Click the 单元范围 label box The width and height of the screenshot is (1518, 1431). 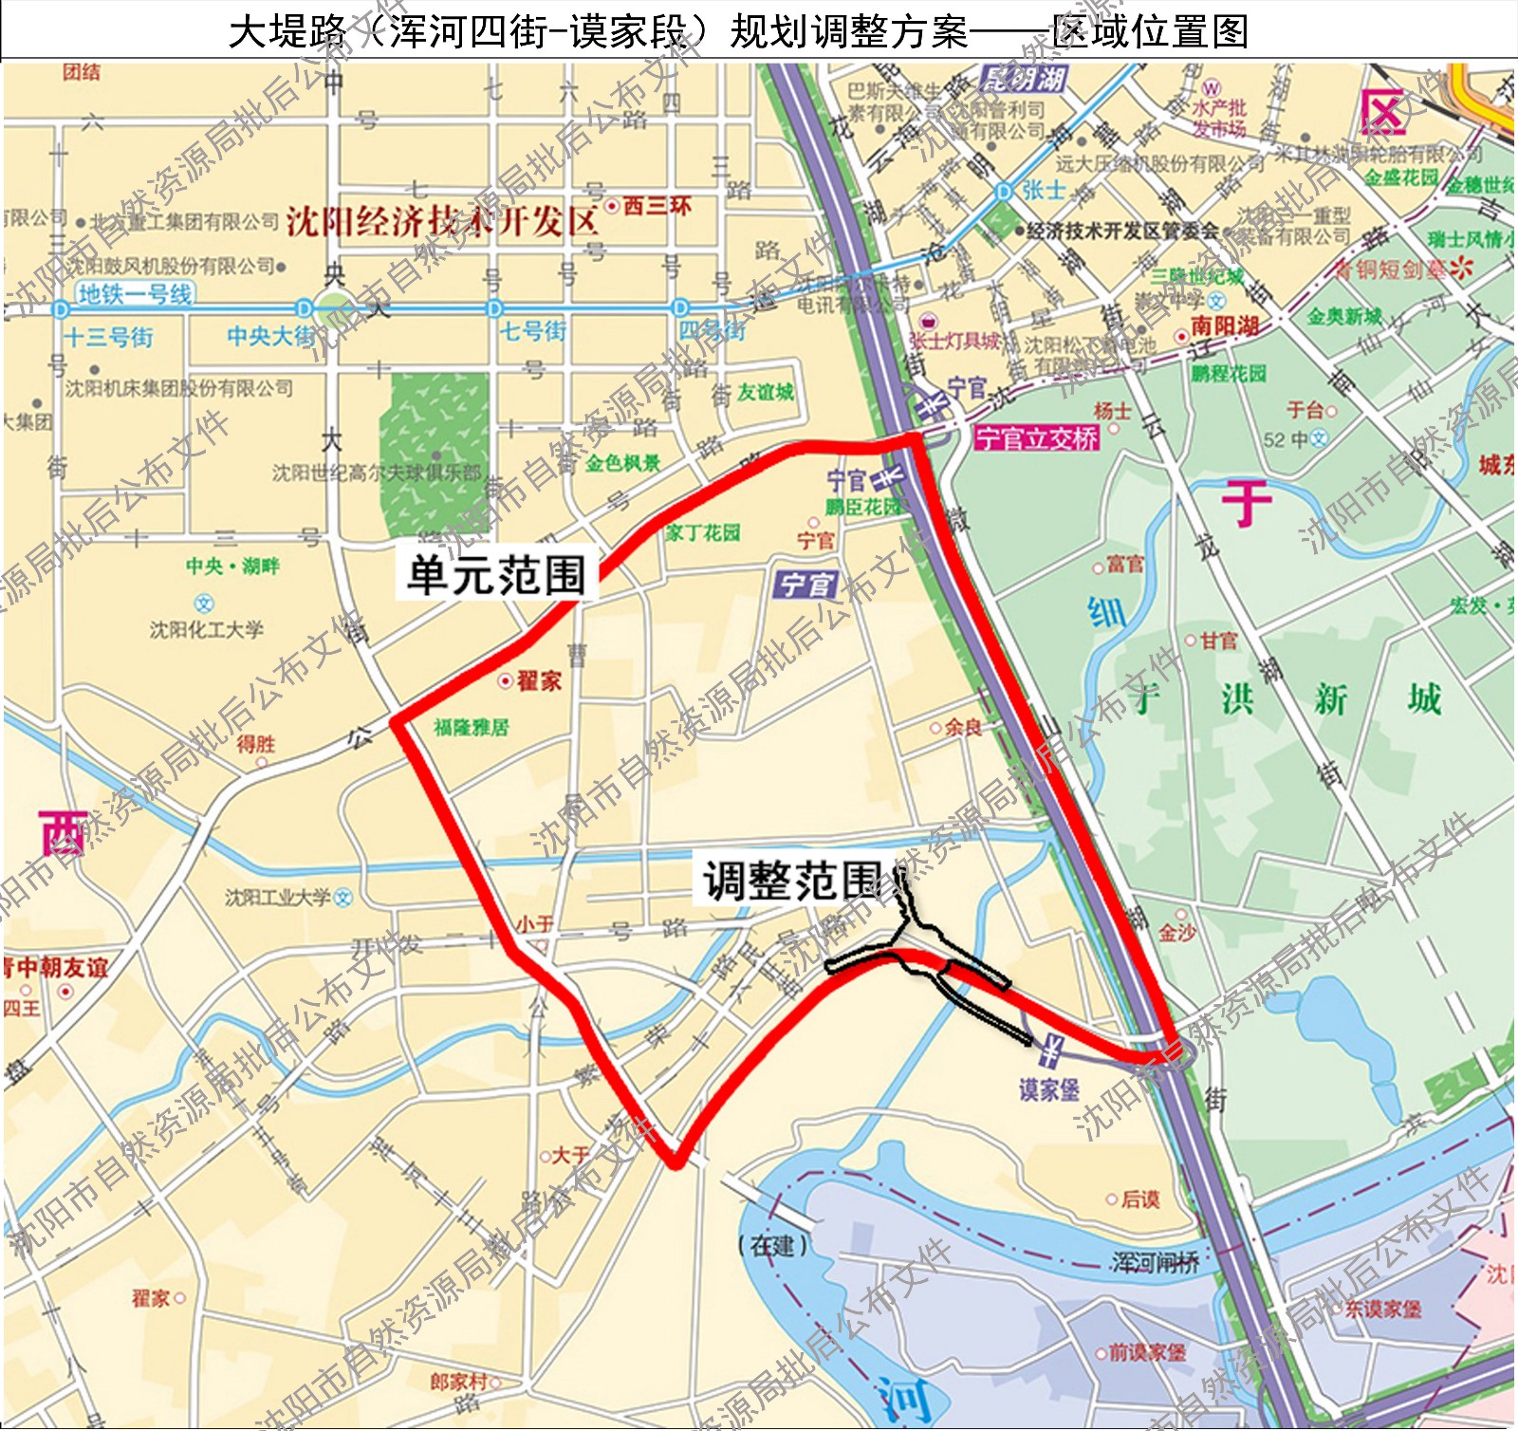(496, 574)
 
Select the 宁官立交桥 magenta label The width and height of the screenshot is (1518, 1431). (1037, 437)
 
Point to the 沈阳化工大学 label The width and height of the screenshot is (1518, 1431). (207, 628)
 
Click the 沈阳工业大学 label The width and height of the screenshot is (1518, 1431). (278, 897)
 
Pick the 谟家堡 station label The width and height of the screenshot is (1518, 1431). (1049, 1088)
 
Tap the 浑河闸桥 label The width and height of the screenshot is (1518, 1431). (1155, 1261)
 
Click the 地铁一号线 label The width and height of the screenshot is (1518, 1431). (136, 294)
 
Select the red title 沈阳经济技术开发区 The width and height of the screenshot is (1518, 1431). (442, 221)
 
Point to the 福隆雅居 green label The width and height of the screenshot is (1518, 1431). (472, 728)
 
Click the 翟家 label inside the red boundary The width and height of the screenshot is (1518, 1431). (539, 680)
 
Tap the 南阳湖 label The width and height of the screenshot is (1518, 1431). (1225, 326)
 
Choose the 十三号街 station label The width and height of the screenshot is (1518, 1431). (108, 337)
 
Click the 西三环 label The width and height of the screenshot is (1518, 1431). (657, 206)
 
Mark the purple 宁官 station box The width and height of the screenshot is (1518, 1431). (805, 585)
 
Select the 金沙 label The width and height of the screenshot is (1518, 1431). (1176, 933)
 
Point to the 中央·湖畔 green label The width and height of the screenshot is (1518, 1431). (232, 567)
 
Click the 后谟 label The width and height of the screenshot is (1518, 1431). (1139, 1199)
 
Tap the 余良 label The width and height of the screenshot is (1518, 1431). (963, 727)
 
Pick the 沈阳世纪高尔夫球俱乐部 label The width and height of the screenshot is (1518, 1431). (377, 472)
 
